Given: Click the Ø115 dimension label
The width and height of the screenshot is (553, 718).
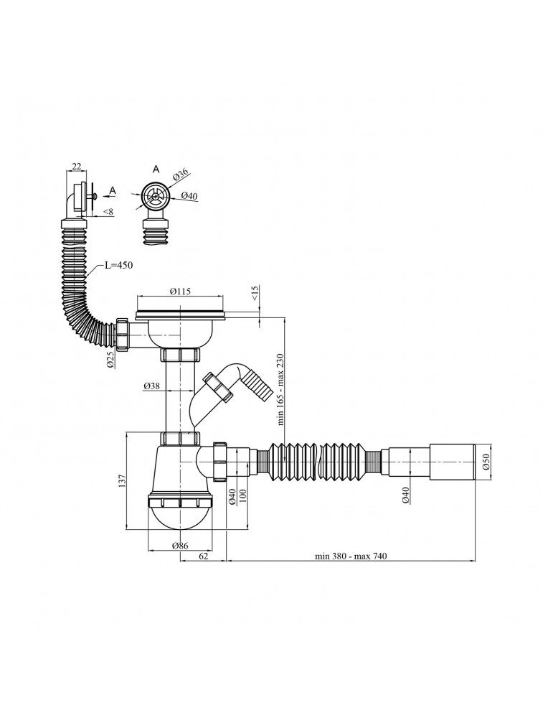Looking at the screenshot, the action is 180,292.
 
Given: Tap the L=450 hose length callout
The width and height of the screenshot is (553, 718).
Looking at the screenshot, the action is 118,266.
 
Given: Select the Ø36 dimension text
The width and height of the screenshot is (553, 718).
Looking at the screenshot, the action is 181,174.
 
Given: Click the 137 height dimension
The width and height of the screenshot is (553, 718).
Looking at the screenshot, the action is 122,481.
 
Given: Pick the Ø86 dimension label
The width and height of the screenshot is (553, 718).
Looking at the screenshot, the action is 180,546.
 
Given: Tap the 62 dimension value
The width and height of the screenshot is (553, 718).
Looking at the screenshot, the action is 204,556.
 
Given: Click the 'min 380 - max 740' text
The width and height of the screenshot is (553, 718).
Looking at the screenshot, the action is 351,556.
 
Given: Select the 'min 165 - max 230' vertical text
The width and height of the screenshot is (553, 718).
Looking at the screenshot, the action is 280,389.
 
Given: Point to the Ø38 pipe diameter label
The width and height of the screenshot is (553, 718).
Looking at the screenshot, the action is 151,386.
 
